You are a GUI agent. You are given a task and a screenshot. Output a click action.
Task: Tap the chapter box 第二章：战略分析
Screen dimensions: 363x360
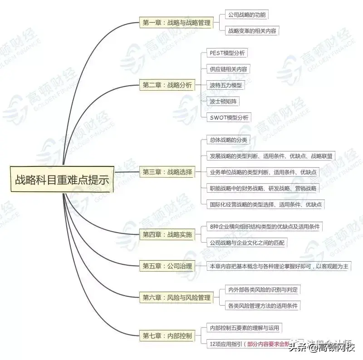[x=167, y=85]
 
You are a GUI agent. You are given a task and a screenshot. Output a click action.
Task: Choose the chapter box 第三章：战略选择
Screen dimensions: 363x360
[x=167, y=172]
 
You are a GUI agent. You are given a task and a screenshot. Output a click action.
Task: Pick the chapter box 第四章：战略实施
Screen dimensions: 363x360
[x=167, y=234]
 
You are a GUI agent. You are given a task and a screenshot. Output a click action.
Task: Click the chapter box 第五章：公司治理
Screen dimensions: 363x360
[x=167, y=266]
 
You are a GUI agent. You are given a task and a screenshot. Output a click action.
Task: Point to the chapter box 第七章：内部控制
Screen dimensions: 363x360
[x=167, y=336]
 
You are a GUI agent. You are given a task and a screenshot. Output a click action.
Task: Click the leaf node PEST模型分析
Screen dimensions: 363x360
[x=227, y=53]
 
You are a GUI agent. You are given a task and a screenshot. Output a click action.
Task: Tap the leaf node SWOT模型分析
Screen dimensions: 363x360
[x=229, y=117]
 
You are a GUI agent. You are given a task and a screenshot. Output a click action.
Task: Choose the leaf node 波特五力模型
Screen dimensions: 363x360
[x=226, y=85]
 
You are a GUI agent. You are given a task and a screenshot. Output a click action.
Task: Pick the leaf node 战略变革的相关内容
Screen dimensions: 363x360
[x=252, y=31]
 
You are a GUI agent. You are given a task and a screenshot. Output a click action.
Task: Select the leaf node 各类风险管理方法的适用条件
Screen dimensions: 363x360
[x=263, y=306]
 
